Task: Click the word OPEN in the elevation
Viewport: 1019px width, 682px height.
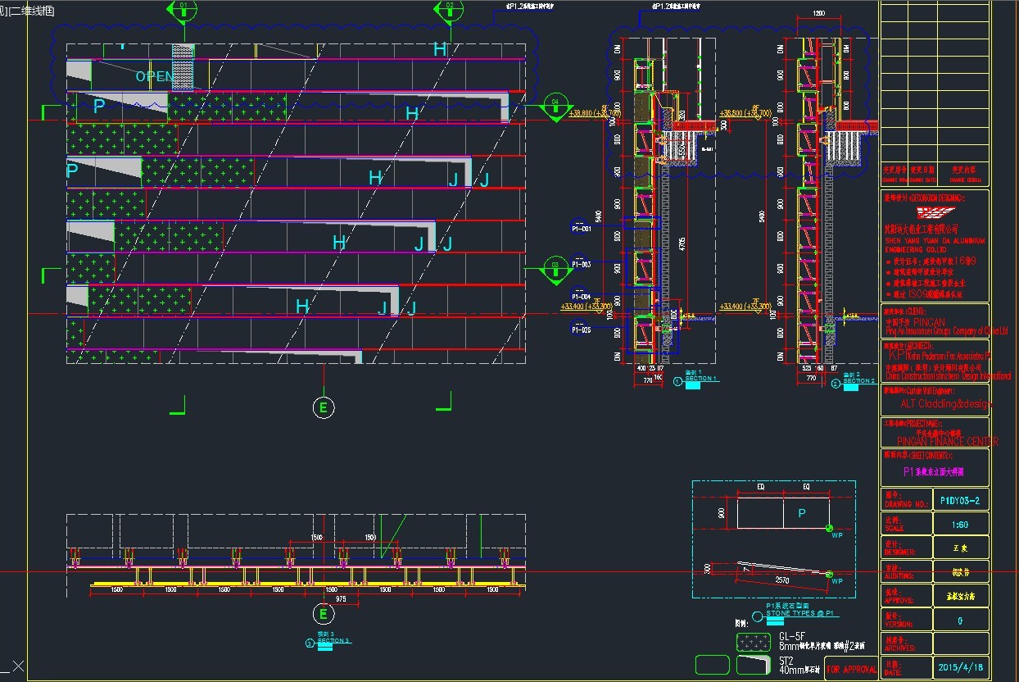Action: (155, 76)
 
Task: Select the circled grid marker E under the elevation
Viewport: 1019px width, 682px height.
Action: (324, 406)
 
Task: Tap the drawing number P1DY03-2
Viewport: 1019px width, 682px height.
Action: (960, 500)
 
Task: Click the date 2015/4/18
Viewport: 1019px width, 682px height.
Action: (960, 667)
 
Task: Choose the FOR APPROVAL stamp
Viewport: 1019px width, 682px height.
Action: (851, 669)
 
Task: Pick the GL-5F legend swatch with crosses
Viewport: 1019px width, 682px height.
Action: (752, 642)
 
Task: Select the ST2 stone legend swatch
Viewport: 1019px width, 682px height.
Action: (752, 664)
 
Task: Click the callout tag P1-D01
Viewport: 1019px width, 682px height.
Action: (582, 229)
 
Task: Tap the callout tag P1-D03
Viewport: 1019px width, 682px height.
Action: (582, 264)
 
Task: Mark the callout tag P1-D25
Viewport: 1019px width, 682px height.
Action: (582, 330)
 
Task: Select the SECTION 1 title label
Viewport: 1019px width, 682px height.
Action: (702, 379)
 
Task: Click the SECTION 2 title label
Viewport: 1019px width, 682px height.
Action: (858, 381)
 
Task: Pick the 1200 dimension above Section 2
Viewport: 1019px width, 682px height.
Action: (818, 14)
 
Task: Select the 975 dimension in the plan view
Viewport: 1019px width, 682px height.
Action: (341, 599)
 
